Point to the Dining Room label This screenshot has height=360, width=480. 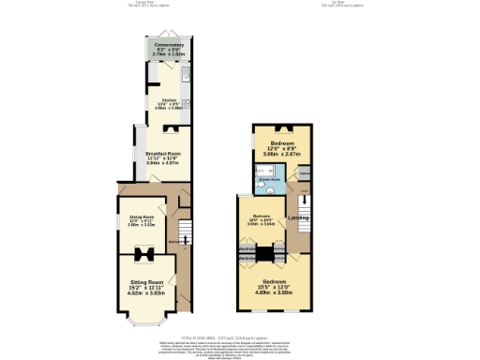pyautogui.click(x=141, y=221)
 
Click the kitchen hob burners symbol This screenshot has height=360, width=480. pyautogui.click(x=187, y=104)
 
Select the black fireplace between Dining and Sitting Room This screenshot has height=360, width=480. pyautogui.click(x=143, y=251)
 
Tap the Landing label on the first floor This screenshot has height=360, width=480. pyautogui.click(x=299, y=220)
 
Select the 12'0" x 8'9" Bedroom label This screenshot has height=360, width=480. pyautogui.click(x=279, y=146)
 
